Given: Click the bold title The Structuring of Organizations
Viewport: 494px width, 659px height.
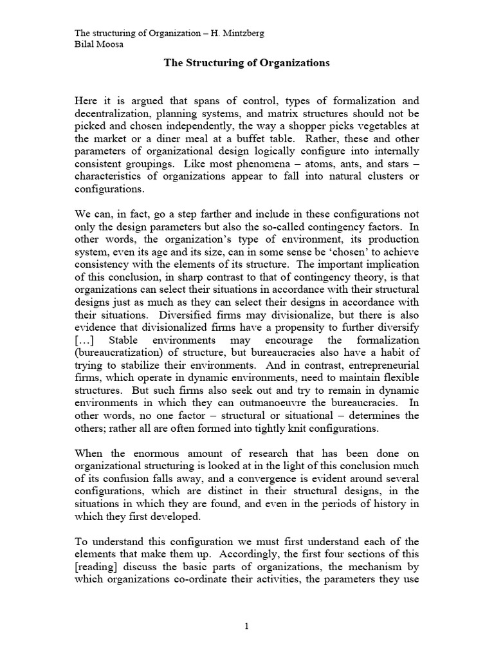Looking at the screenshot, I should pyautogui.click(x=247, y=63).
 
